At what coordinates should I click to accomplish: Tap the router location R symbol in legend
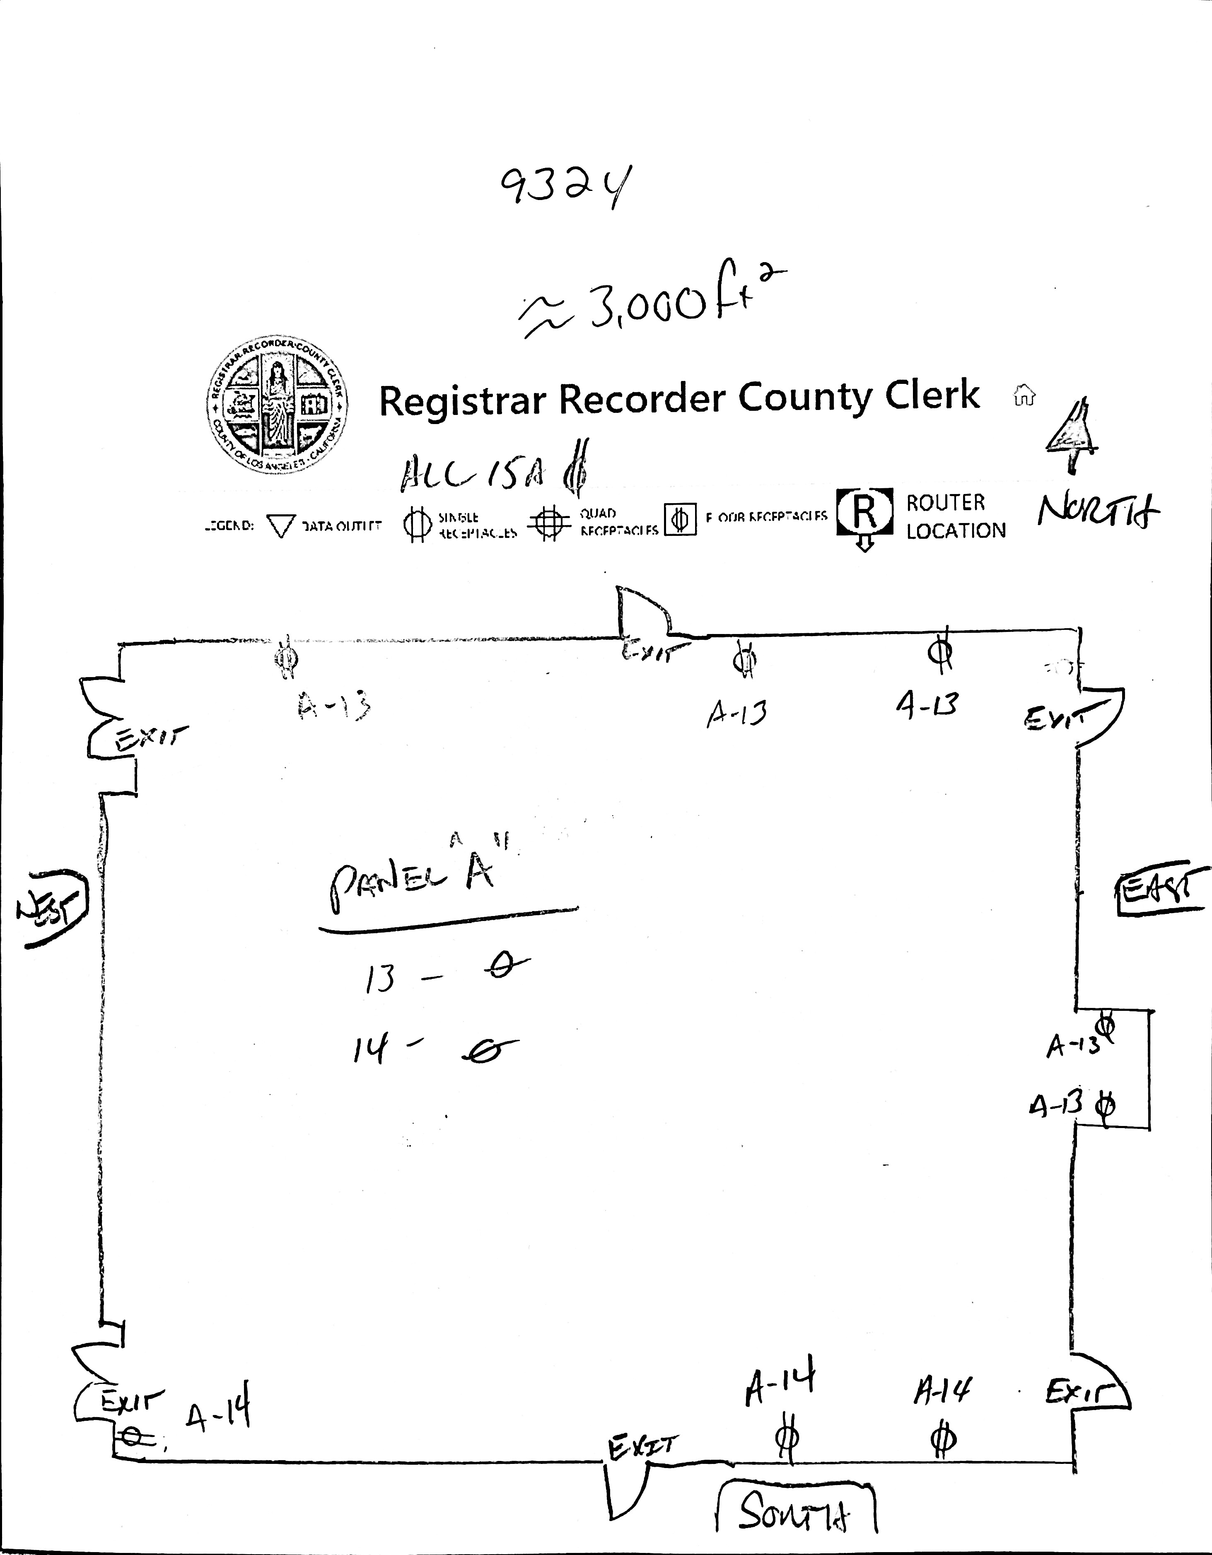pos(864,511)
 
